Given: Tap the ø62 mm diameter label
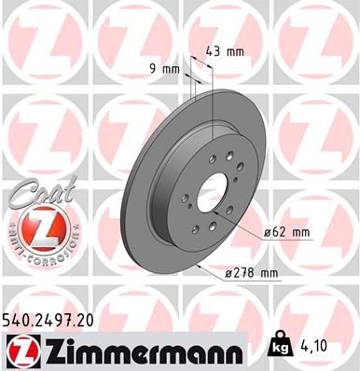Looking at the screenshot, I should [x=285, y=231].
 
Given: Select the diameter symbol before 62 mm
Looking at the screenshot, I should [x=267, y=231].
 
